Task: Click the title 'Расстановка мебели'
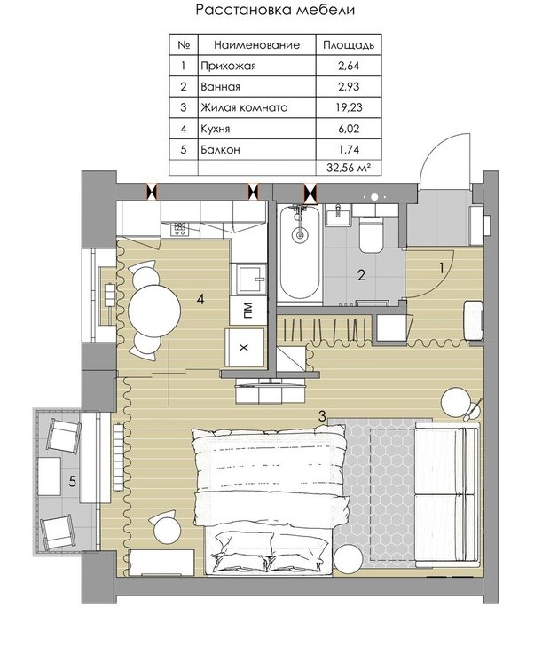click(x=275, y=10)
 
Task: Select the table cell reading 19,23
click(x=349, y=107)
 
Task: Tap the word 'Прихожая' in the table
click(x=228, y=66)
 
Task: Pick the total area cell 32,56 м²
click(x=349, y=168)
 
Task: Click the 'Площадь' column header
click(x=349, y=44)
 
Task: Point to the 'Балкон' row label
click(x=220, y=149)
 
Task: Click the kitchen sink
click(x=251, y=279)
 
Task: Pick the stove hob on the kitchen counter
click(x=180, y=228)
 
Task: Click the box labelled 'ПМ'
click(x=248, y=311)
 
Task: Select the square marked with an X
click(x=244, y=348)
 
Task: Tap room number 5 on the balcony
click(x=73, y=482)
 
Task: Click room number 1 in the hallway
click(x=442, y=268)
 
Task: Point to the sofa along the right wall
click(x=447, y=495)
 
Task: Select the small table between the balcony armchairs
click(x=50, y=476)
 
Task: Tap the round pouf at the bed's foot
click(x=349, y=559)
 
